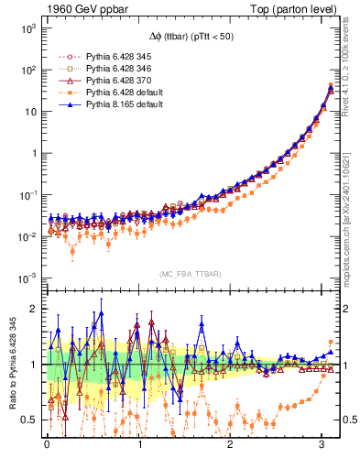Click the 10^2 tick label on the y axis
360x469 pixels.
[x=27, y=71]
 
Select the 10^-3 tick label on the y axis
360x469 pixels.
[x=27, y=278]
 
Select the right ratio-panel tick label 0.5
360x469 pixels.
[x=349, y=420]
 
